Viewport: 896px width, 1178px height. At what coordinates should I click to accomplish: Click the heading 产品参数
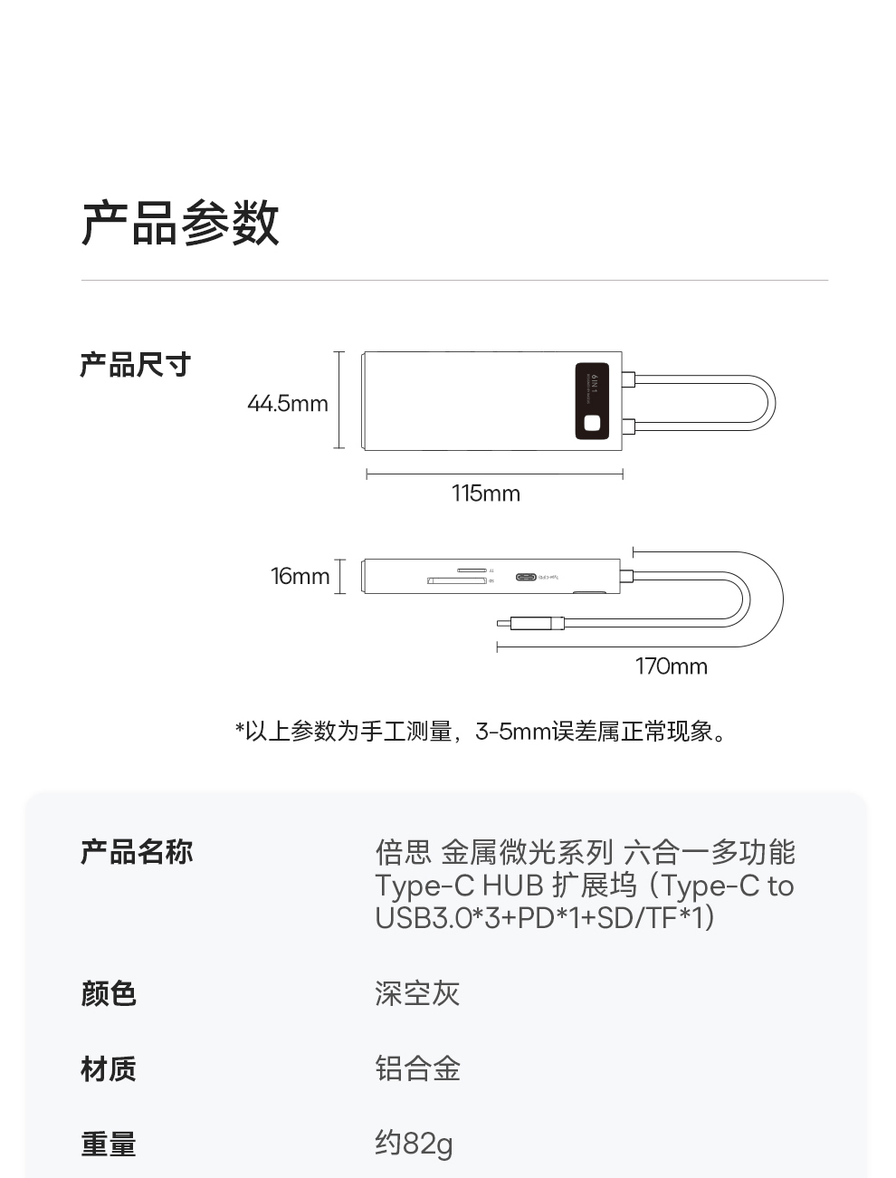180,223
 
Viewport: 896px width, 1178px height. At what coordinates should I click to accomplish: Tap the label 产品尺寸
136,365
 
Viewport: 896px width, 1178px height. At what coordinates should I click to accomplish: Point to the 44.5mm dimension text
288,404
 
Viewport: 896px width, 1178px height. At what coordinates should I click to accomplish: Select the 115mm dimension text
486,493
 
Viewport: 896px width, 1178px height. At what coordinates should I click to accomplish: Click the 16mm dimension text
300,577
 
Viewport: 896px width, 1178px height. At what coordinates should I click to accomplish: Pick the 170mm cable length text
671,666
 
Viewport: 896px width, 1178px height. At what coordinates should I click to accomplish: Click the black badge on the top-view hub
592,401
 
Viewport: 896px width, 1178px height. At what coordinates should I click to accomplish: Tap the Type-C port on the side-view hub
526,577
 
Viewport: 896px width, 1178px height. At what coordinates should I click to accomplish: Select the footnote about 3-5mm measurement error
481,732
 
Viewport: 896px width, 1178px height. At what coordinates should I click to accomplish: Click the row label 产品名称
137,852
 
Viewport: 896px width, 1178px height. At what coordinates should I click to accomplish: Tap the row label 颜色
109,993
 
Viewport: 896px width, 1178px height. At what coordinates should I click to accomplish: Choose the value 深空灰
417,993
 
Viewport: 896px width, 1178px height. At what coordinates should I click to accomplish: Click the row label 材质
109,1068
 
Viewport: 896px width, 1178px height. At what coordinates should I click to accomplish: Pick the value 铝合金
417,1068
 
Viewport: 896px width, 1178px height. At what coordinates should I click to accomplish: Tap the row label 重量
109,1144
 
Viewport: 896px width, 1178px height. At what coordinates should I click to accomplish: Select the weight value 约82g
414,1144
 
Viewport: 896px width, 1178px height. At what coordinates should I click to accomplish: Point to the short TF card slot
471,570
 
